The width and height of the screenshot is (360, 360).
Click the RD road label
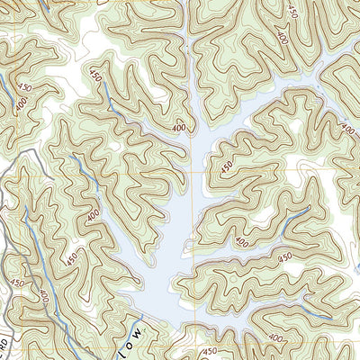[x=4, y=347]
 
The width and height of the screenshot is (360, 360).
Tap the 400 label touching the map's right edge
[x=348, y=130]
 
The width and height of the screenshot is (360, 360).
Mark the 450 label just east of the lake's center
[x=226, y=166]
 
